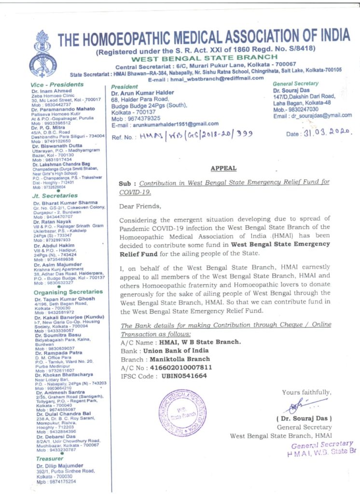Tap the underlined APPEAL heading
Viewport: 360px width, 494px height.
point(223,168)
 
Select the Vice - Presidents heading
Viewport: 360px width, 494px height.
point(53,84)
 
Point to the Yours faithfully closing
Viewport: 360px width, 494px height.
point(307,392)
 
